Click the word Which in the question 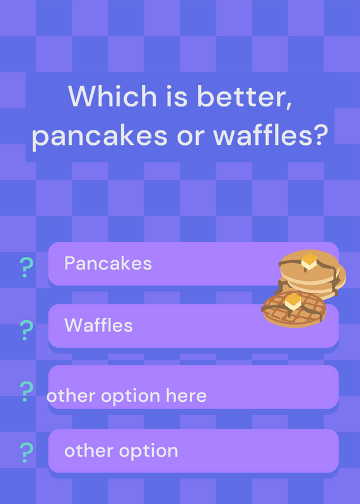coord(112,96)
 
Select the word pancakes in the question coord(100,136)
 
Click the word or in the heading coord(190,137)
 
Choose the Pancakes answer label coord(108,263)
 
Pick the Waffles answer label coord(98,325)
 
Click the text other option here coord(127,396)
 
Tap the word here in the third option coord(186,396)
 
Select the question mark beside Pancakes coord(26,267)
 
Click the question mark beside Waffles coord(26,330)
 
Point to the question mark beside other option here coord(26,391)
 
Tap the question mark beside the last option coord(26,452)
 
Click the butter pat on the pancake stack coord(309,261)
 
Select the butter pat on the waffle coord(293,302)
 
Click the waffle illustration coord(293,309)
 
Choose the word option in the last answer coord(148,451)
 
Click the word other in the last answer coord(90,450)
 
